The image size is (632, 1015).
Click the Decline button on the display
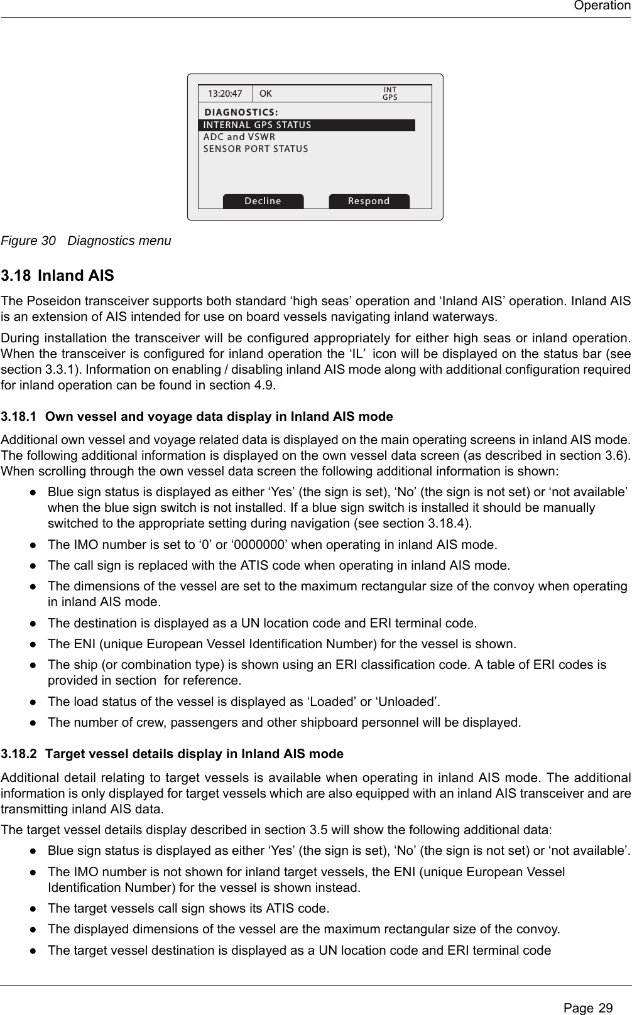pos(263,201)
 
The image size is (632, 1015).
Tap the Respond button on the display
pos(369,201)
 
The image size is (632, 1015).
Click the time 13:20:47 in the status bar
pos(225,94)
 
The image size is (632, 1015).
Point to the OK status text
pos(266,94)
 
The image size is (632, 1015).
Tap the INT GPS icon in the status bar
pos(390,94)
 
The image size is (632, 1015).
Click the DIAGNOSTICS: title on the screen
pos(242,112)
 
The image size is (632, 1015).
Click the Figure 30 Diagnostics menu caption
pos(86,241)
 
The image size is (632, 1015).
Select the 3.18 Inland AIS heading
pos(58,276)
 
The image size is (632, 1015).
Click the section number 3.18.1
pos(18,416)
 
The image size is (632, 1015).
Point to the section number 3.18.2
pos(18,753)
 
